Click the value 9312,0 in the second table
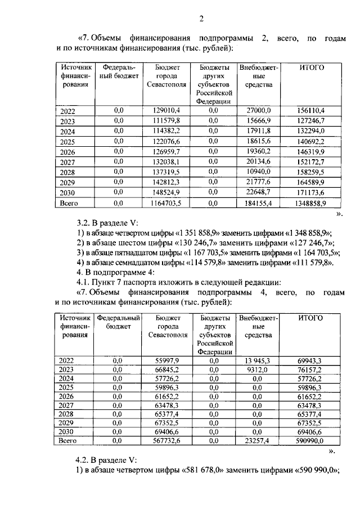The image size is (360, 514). (x=258, y=369)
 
